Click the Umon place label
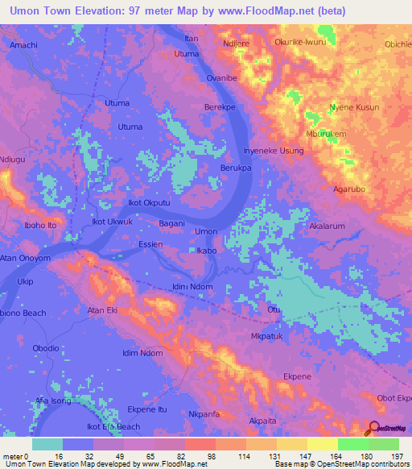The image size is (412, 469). tap(207, 232)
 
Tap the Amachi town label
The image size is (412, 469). tap(23, 46)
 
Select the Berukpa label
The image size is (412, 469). tap(237, 168)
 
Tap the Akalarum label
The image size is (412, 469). tap(328, 227)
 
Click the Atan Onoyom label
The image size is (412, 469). tap(25, 259)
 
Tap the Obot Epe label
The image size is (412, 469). tap(393, 399)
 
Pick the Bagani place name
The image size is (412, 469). tap(172, 223)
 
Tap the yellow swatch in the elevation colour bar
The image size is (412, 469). tap(323, 444)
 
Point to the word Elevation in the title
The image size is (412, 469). tap(95, 10)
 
